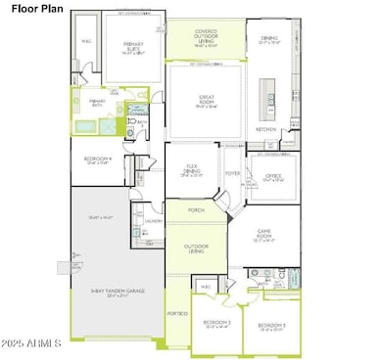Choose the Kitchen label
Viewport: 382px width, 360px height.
(266, 129)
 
